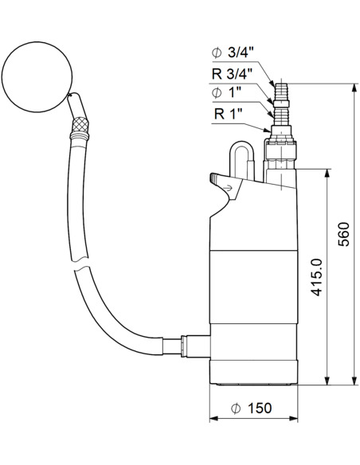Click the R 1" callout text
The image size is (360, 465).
(x=229, y=114)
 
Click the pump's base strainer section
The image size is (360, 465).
(x=252, y=369)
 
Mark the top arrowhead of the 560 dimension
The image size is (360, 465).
(x=352, y=84)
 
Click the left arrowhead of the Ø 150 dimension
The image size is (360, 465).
(x=212, y=419)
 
